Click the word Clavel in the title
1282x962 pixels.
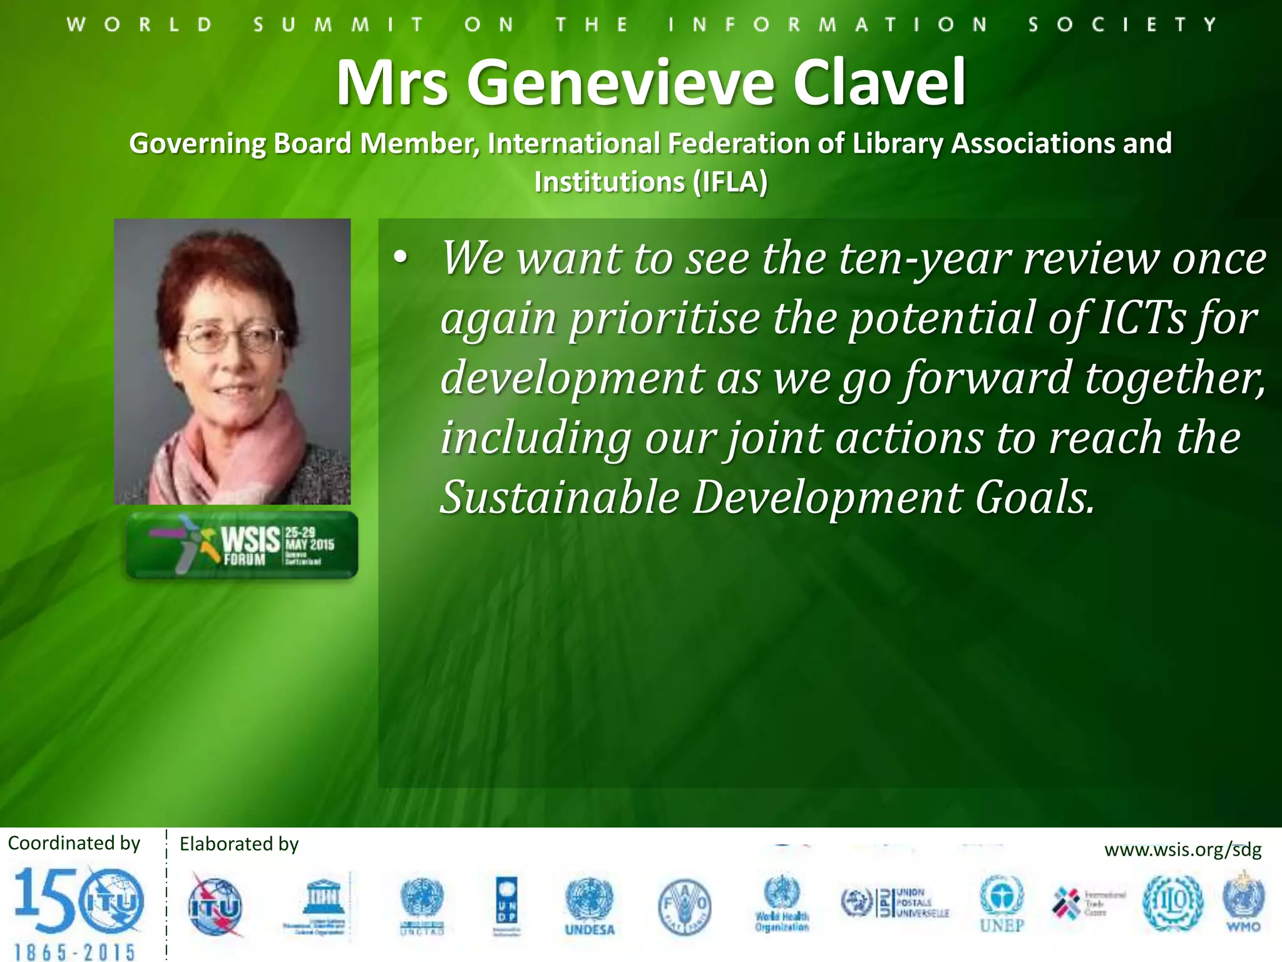click(879, 83)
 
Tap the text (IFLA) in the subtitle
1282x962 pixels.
click(730, 182)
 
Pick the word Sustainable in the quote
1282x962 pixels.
click(560, 497)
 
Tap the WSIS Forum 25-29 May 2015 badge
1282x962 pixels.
click(242, 545)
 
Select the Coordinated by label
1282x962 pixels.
click(74, 843)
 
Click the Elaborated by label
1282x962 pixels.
click(238, 844)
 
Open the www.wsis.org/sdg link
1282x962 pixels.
click(1182, 850)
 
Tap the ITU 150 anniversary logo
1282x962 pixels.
click(78, 911)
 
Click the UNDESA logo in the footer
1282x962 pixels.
click(590, 906)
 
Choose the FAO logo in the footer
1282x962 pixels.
click(684, 906)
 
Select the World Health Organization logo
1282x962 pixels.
click(782, 904)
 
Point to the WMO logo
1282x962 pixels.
click(1243, 903)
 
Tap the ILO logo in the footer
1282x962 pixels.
click(1172, 902)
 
